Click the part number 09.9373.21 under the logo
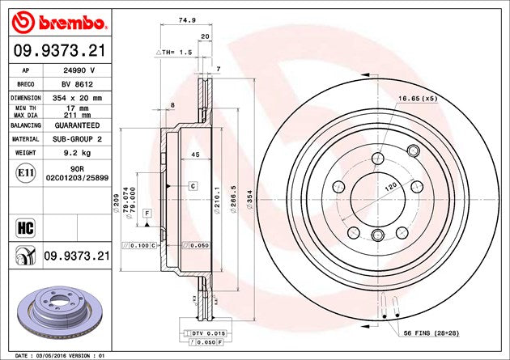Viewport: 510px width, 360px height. pyautogui.click(x=60, y=51)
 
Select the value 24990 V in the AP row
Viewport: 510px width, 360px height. pyautogui.click(x=77, y=70)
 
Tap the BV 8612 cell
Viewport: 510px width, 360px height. pyautogui.click(x=77, y=84)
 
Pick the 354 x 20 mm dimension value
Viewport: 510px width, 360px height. pyautogui.click(x=77, y=98)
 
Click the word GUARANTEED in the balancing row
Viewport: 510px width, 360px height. pyautogui.click(x=77, y=125)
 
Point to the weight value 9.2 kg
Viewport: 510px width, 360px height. pyautogui.click(x=77, y=153)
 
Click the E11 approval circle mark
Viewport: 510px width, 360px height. pyautogui.click(x=26, y=173)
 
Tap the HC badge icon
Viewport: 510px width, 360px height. pyautogui.click(x=25, y=228)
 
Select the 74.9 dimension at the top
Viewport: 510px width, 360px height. pyautogui.click(x=187, y=20)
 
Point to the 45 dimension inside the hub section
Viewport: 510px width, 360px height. pyautogui.click(x=195, y=155)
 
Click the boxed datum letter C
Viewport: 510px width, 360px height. pyautogui.click(x=193, y=186)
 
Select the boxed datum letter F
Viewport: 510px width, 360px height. pyautogui.click(x=147, y=214)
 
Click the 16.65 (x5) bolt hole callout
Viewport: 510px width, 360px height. pyautogui.click(x=418, y=99)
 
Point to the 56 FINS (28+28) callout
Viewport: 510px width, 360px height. pyautogui.click(x=431, y=333)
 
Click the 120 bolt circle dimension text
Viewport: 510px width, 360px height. pyautogui.click(x=391, y=187)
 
